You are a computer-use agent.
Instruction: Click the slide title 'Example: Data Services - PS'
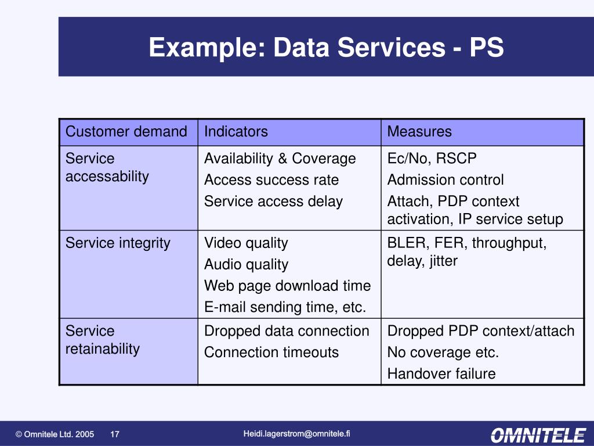pyautogui.click(x=326, y=48)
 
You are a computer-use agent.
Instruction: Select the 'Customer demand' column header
pyautogui.click(x=126, y=132)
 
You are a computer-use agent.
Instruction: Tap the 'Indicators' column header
pyautogui.click(x=236, y=132)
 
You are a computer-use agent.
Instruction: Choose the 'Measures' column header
pyautogui.click(x=419, y=132)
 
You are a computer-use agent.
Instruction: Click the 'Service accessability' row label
pyautogui.click(x=107, y=167)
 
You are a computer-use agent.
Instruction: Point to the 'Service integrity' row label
pyautogui.click(x=118, y=243)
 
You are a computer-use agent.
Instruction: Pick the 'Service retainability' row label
pyautogui.click(x=103, y=340)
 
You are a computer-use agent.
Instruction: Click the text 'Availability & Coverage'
pyautogui.click(x=280, y=159)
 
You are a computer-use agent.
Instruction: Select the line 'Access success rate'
pyautogui.click(x=271, y=180)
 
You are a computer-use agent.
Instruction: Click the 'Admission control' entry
pyautogui.click(x=445, y=180)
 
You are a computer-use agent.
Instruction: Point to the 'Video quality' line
pyautogui.click(x=246, y=243)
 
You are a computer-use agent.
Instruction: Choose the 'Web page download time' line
pyautogui.click(x=287, y=286)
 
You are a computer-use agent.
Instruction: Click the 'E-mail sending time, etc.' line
pyautogui.click(x=285, y=307)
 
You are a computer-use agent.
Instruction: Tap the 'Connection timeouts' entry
pyautogui.click(x=271, y=353)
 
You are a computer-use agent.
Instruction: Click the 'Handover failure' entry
pyautogui.click(x=441, y=374)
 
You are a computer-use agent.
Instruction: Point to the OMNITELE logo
pyautogui.click(x=538, y=434)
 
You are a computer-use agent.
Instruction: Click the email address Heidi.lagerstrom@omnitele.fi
pyautogui.click(x=297, y=433)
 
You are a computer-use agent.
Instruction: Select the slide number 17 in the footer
pyautogui.click(x=115, y=434)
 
